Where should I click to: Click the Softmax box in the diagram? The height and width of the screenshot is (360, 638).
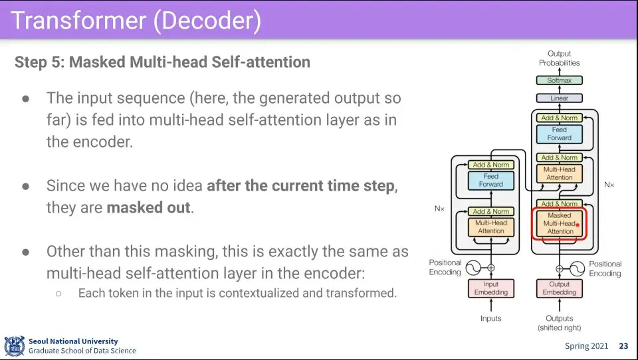click(x=560, y=80)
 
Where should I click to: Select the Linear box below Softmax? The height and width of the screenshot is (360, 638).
click(x=560, y=98)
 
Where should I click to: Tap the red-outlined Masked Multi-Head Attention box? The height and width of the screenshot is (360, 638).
click(x=559, y=223)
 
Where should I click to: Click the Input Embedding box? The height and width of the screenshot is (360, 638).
click(x=490, y=288)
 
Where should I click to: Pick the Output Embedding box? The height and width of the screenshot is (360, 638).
click(x=560, y=288)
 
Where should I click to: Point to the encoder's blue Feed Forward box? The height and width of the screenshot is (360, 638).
click(x=490, y=180)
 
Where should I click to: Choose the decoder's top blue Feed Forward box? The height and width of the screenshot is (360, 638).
click(x=560, y=134)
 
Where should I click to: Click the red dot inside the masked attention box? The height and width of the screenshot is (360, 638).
click(x=578, y=225)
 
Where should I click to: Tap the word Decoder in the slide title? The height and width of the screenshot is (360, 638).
click(x=207, y=21)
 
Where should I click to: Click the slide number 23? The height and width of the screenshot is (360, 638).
click(x=623, y=346)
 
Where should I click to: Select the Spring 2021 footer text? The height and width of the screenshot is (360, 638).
click(x=586, y=346)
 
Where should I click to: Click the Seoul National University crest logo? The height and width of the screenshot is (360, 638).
click(x=15, y=346)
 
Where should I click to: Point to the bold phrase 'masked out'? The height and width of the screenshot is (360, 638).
click(x=148, y=207)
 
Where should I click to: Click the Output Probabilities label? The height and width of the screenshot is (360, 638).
click(x=560, y=58)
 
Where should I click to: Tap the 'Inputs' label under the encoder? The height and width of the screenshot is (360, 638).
click(x=490, y=318)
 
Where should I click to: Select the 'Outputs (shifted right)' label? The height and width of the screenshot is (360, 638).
click(x=560, y=323)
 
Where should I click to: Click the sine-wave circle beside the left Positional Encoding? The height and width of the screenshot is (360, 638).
click(x=473, y=268)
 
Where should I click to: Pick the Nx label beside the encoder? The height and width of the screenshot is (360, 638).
click(x=439, y=209)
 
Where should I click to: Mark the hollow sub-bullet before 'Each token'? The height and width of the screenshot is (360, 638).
click(x=58, y=294)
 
